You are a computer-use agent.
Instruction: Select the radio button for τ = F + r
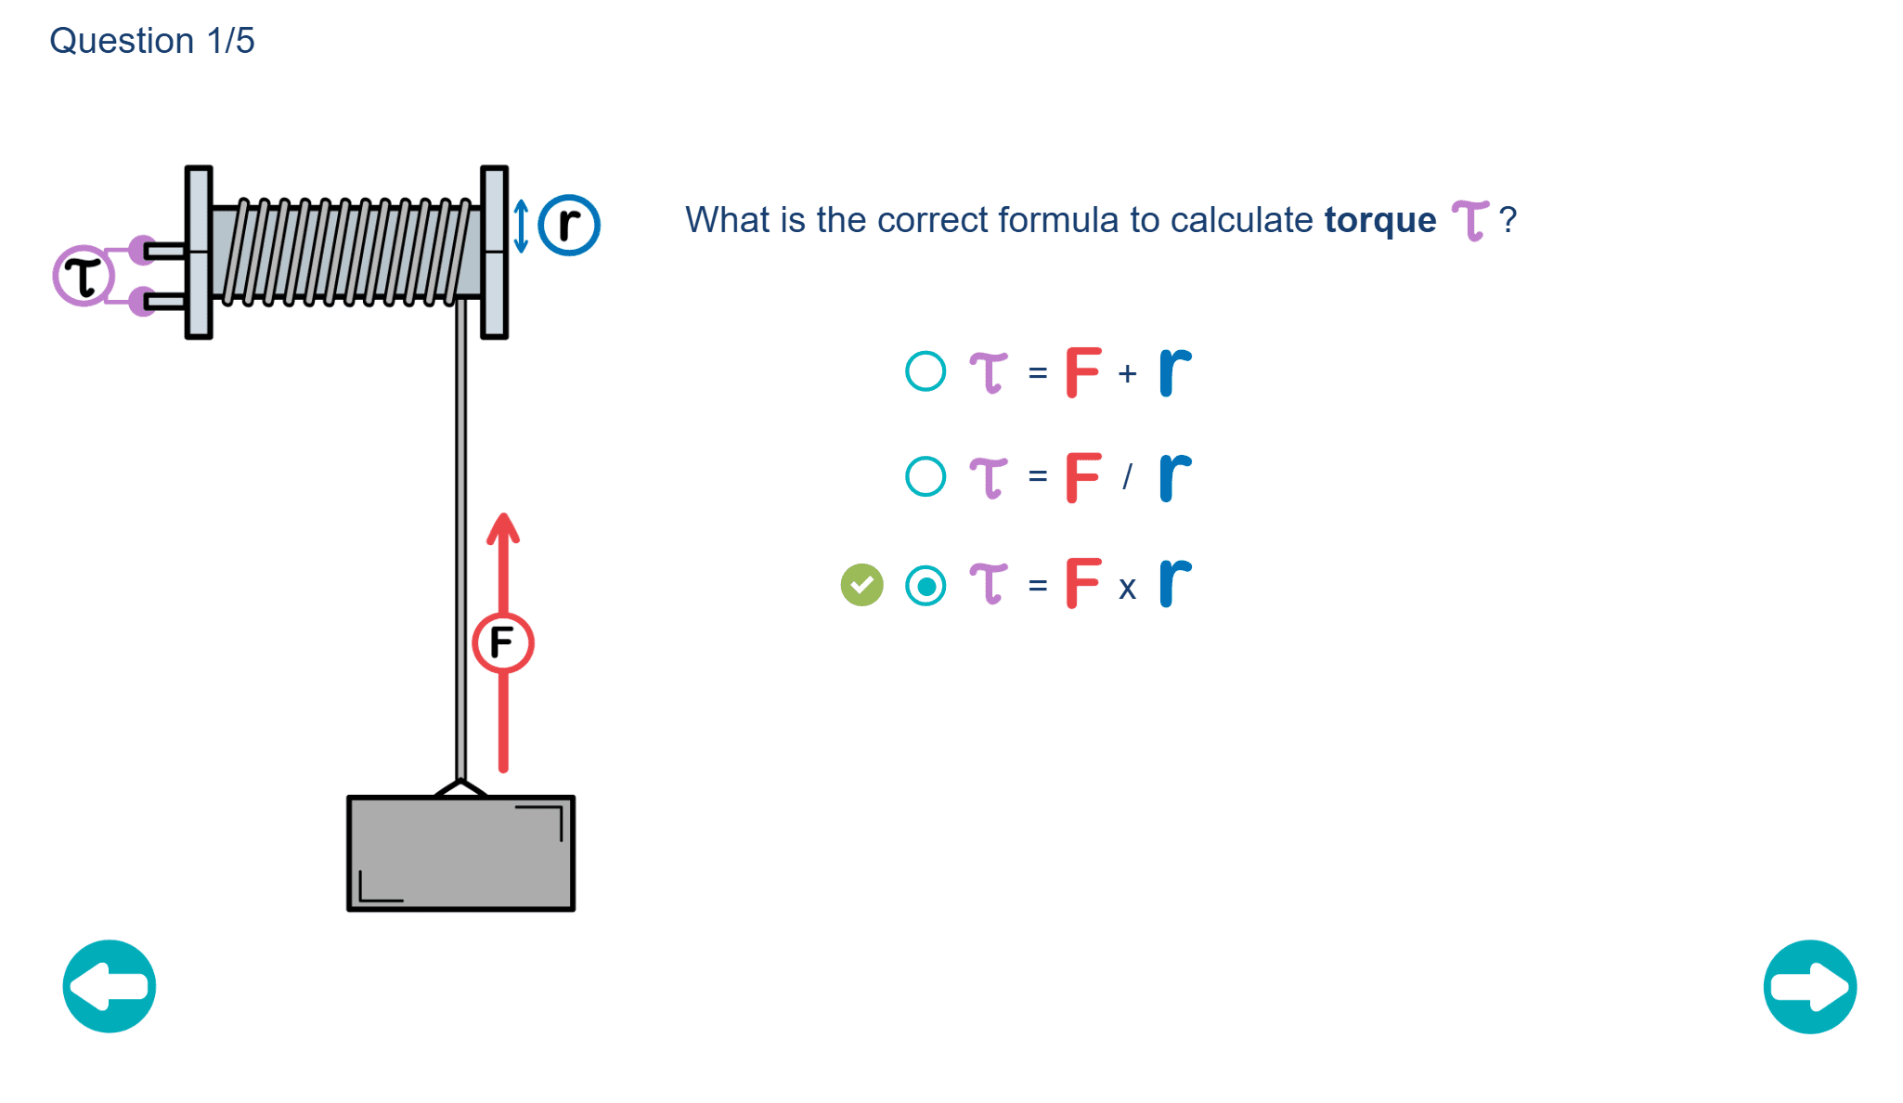pos(926,371)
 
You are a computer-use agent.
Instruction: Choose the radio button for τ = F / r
pos(926,476)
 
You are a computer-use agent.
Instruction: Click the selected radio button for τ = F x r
pos(926,586)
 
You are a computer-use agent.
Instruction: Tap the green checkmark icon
pos(861,585)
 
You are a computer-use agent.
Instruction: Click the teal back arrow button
pos(110,986)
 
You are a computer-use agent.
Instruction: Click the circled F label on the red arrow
pos(502,642)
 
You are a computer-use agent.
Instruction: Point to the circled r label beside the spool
pos(569,225)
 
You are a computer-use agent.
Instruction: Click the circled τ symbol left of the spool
pos(84,276)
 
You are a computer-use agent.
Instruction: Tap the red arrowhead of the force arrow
pos(503,529)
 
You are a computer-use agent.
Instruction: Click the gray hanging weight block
pos(460,853)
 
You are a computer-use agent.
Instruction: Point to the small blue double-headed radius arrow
pos(521,227)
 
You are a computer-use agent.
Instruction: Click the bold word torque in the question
pos(1379,221)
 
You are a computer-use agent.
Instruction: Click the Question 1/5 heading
pos(152,41)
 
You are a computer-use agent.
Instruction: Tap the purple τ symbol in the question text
pos(1470,221)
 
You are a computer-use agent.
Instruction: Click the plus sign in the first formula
pos(1127,373)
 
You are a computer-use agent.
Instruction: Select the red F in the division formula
pos(1082,477)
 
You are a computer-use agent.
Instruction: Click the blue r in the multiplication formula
pos(1174,583)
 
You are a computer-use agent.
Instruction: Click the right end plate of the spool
pos(494,253)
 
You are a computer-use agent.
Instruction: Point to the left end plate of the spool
pos(199,253)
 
